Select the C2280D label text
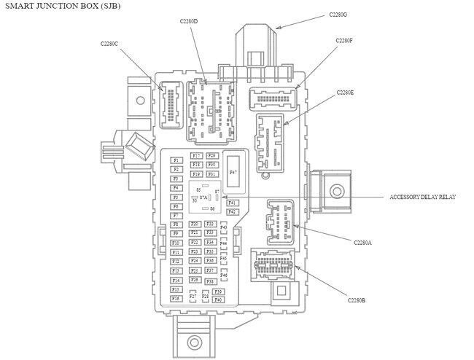coord(189,20)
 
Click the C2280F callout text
coord(344,41)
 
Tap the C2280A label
coord(362,242)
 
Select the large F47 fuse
coord(233,172)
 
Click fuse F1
coord(176,160)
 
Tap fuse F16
coord(176,299)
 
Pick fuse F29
coord(211,156)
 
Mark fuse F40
coord(217,300)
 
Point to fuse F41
coord(232,203)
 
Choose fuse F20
coord(194,224)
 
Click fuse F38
coord(210,281)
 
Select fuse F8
coord(176,224)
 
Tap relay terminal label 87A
coord(203,197)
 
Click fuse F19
coord(195,175)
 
